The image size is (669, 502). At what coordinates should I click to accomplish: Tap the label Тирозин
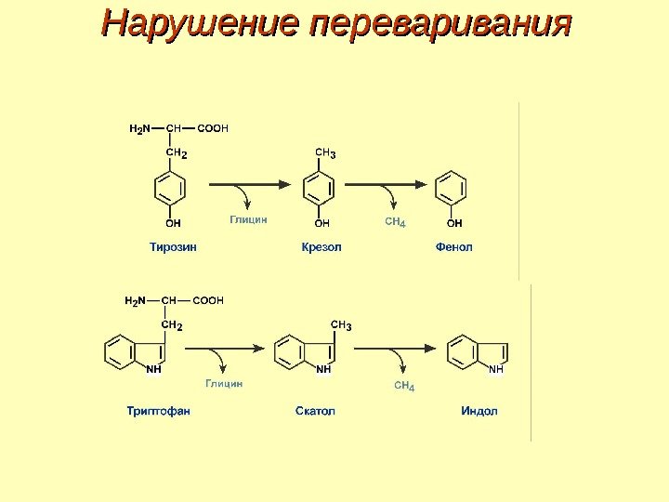point(174,247)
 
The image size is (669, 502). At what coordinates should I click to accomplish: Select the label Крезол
point(321,247)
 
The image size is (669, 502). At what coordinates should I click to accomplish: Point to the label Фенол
point(453,247)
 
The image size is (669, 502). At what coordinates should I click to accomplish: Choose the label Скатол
point(315,410)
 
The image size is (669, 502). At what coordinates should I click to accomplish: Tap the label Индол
point(479,410)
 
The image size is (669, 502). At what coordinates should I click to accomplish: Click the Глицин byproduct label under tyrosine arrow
point(248,220)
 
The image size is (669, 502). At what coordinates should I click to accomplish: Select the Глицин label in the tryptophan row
point(224,383)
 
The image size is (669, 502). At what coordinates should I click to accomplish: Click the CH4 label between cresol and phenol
point(395,222)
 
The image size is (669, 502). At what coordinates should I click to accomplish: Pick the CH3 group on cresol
point(326,152)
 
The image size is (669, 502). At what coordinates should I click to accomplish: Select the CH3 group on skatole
point(341,325)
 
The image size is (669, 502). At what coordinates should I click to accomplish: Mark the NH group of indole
point(495,369)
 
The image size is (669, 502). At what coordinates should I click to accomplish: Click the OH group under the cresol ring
point(321,223)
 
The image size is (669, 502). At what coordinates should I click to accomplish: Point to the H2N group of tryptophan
point(136,301)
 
